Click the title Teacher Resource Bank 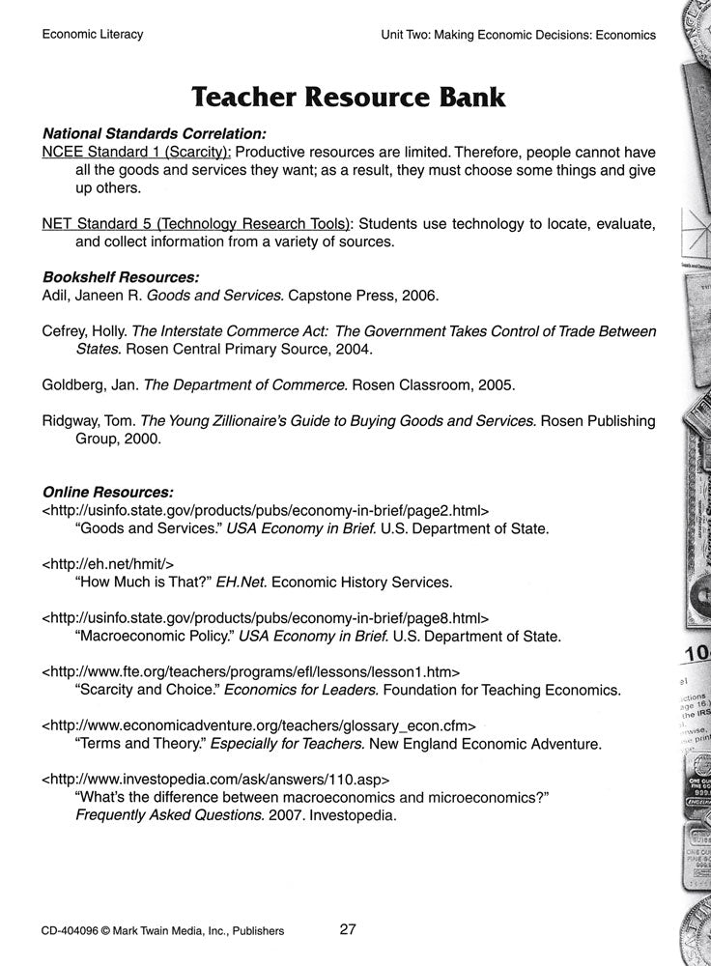348,97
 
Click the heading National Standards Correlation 155,134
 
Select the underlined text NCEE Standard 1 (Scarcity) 136,153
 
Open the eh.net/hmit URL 108,562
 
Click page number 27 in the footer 348,930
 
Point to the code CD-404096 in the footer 74,931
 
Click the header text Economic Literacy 93,35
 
